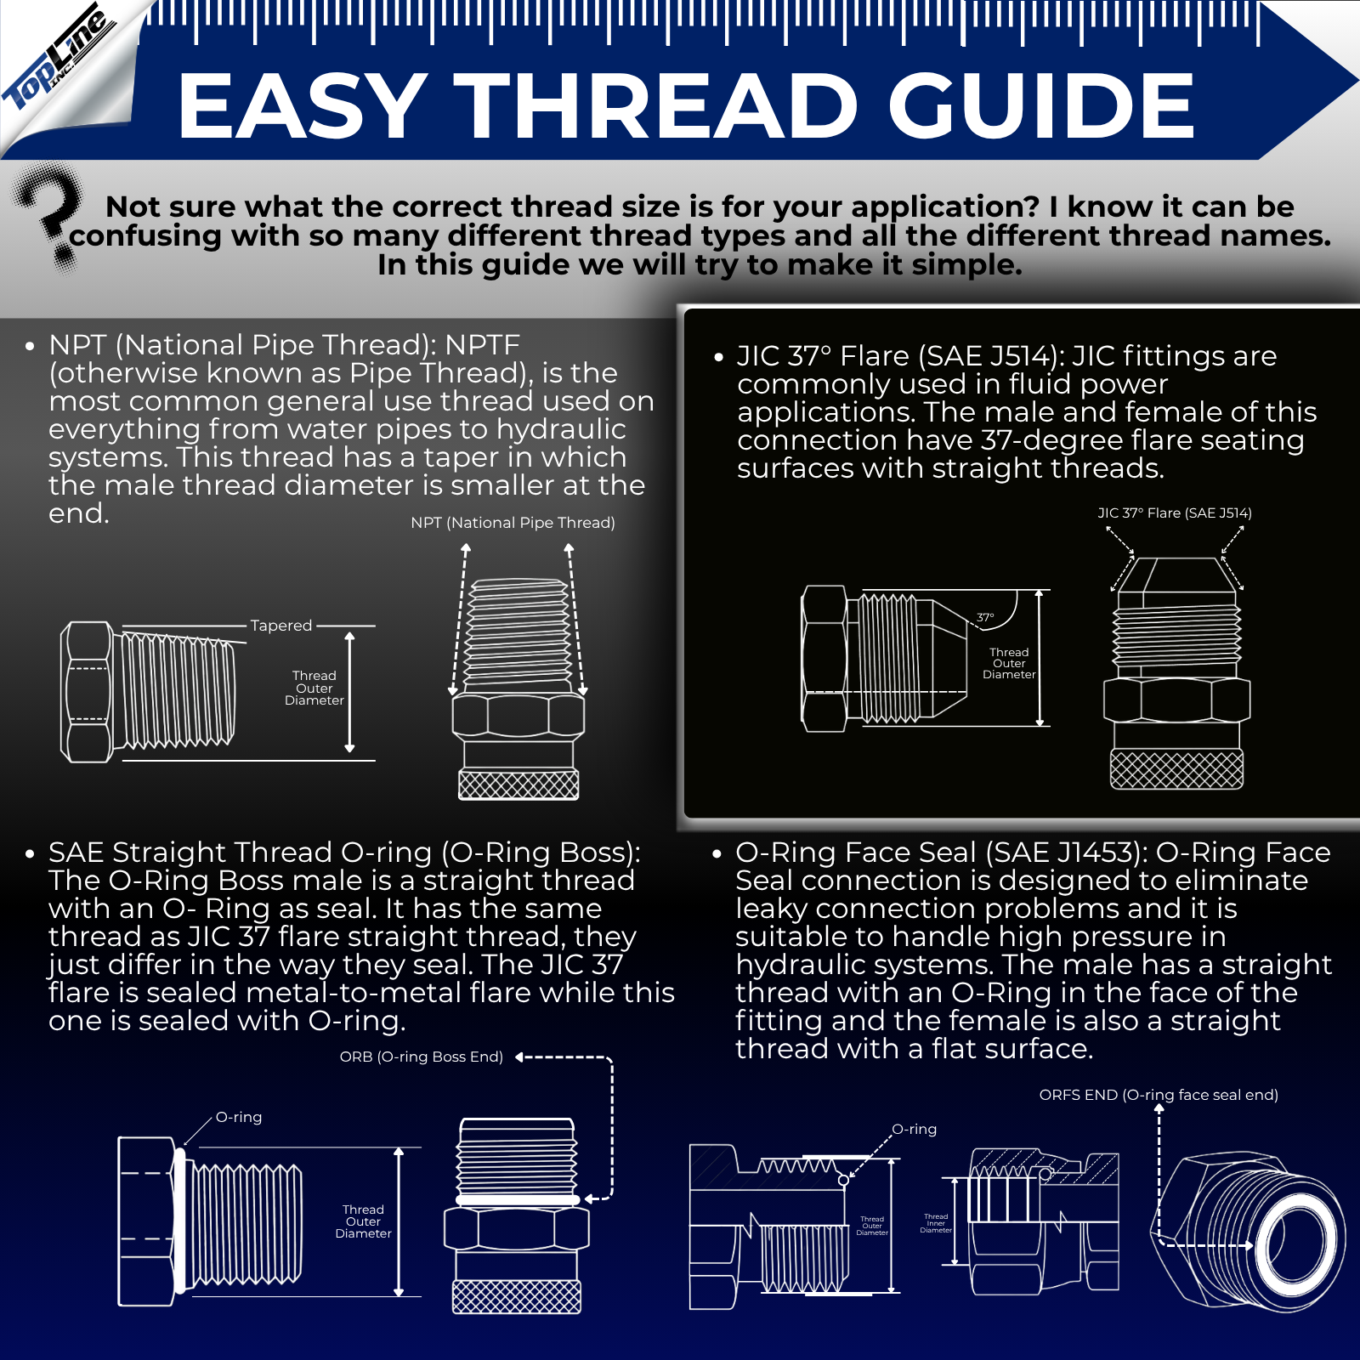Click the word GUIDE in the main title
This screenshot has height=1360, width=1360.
click(1041, 105)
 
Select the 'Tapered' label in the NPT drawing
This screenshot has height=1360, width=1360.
click(281, 626)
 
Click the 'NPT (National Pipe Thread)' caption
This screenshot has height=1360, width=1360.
click(513, 523)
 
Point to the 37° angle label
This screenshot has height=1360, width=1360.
click(985, 618)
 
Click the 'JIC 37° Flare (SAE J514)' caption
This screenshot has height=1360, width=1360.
click(1174, 513)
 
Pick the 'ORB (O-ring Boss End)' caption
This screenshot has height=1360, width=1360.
click(421, 1057)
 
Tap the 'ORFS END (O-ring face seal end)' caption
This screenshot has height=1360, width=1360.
click(1159, 1095)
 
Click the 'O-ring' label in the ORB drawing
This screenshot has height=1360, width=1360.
click(239, 1117)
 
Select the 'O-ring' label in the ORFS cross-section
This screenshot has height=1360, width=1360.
click(914, 1129)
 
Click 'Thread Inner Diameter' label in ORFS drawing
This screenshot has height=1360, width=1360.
click(936, 1223)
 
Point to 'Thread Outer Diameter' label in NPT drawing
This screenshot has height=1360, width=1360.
click(314, 688)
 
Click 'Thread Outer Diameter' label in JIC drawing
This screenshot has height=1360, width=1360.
click(1009, 663)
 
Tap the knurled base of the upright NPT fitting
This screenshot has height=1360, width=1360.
click(518, 784)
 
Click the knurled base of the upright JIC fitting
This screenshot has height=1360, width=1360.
click(1176, 769)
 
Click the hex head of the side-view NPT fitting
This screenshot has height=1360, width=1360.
click(87, 692)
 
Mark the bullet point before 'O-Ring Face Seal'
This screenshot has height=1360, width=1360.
click(717, 853)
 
